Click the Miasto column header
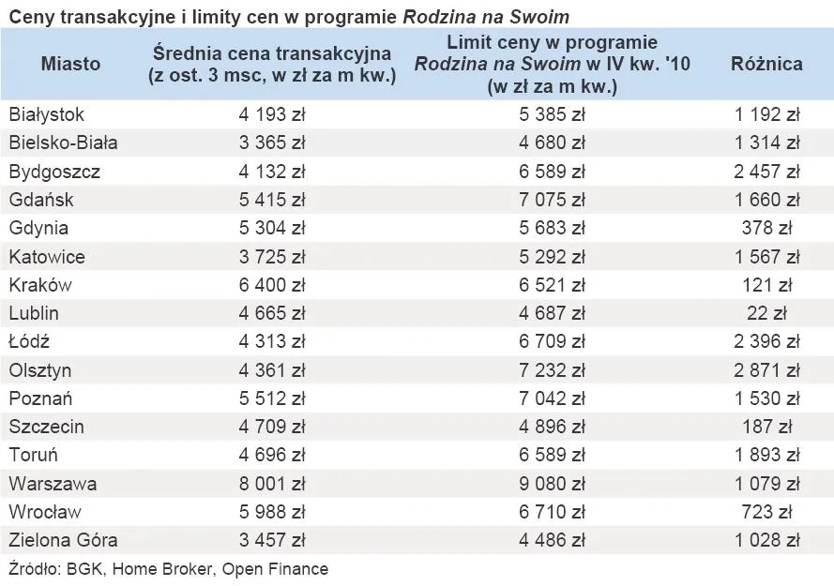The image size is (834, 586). (70, 64)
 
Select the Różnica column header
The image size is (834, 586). (766, 64)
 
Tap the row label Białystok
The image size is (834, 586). (47, 114)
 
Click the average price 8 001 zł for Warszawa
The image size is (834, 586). (272, 484)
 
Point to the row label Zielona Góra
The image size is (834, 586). (63, 540)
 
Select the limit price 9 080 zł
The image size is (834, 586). (552, 484)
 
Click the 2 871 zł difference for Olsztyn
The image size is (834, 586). (766, 370)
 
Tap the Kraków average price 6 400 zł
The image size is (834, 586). (272, 285)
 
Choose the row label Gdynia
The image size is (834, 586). (38, 228)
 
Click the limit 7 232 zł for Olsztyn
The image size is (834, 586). (552, 370)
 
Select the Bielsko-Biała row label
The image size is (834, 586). (63, 143)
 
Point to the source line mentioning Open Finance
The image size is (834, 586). (169, 568)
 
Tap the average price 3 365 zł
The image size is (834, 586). (272, 143)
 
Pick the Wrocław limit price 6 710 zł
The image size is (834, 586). (552, 512)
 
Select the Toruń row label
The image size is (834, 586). (34, 455)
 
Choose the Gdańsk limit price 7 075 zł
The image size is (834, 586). (552, 200)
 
